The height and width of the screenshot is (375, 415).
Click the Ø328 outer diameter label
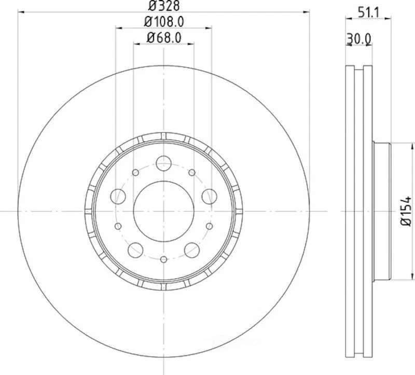163,7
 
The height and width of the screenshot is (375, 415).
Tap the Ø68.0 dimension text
164,38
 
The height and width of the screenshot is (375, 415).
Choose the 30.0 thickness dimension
358,38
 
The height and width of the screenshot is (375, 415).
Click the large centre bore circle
163,211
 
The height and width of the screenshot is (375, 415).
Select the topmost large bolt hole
163,162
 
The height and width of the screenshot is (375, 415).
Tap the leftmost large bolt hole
119,196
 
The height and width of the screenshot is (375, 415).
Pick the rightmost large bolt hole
209,196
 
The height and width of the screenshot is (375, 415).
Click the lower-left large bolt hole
136,249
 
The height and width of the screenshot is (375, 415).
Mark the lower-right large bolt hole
191,249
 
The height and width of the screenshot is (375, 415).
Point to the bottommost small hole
163,259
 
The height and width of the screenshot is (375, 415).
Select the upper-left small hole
135,172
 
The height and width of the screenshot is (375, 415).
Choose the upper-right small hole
192,172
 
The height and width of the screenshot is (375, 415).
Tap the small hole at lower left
118,226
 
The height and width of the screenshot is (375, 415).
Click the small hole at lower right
209,226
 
